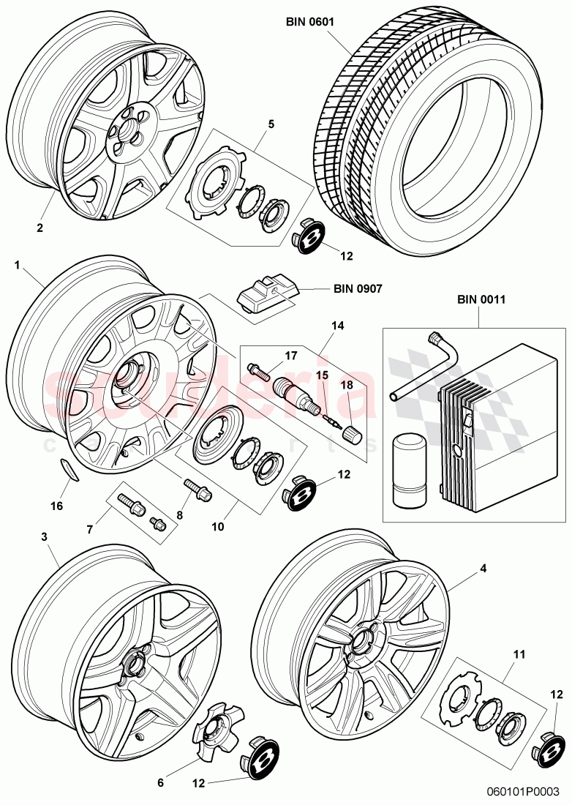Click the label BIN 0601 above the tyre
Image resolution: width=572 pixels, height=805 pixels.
point(309,22)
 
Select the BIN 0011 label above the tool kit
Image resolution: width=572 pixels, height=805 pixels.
point(481,299)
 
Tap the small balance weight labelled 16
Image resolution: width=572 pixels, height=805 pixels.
point(68,469)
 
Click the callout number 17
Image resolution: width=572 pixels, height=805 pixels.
point(291,356)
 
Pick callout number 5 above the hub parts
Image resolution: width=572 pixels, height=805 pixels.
point(271,124)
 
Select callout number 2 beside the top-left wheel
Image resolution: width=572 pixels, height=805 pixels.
point(39,228)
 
